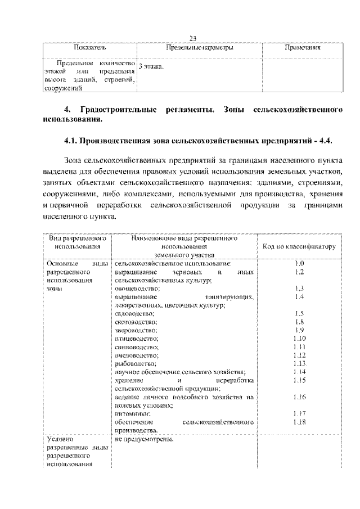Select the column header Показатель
tap(89, 48)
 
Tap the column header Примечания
tap(303, 48)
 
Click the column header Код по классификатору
tap(299, 246)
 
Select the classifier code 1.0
tap(299, 263)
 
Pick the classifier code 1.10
tap(299, 338)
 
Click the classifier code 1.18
tap(299, 421)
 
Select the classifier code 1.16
tap(299, 397)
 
